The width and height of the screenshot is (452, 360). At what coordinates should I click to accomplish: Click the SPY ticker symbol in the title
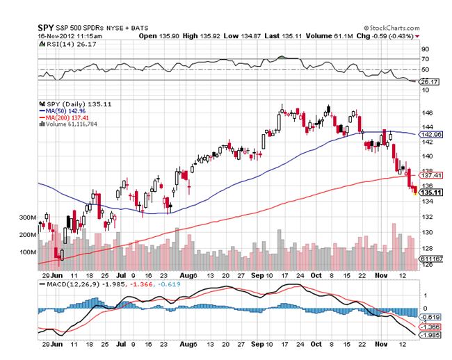point(46,26)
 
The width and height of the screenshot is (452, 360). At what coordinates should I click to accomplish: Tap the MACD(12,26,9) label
point(66,284)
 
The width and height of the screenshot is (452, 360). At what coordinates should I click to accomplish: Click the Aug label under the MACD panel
point(184,344)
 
